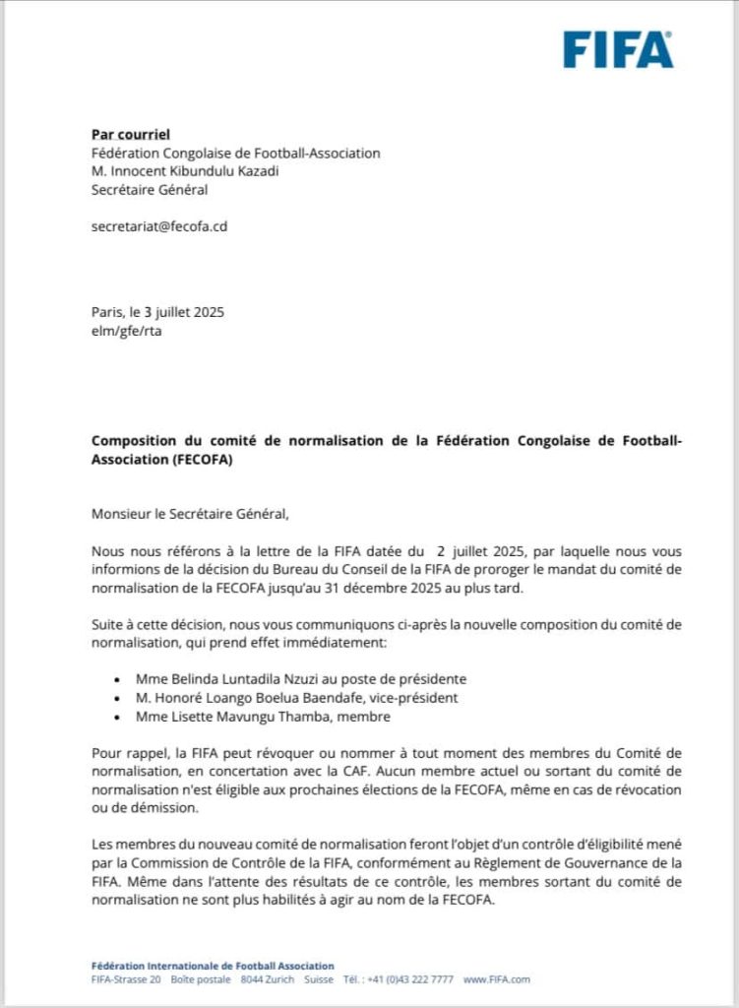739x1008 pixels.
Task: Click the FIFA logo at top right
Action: coord(618,49)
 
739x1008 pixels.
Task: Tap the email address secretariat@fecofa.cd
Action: coord(159,225)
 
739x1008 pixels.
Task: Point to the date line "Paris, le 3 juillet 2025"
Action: coord(157,313)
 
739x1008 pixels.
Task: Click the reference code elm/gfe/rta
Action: coord(125,332)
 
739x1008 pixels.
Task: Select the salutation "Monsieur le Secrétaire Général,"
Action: coord(191,513)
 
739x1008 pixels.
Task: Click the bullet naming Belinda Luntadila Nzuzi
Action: coord(289,679)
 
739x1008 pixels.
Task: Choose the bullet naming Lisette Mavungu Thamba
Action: coord(258,717)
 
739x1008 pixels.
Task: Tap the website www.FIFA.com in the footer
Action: coord(496,979)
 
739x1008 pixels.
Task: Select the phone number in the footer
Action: coord(412,979)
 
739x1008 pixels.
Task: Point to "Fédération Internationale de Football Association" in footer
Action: coord(212,966)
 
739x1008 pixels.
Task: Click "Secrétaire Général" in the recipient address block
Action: coord(150,190)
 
